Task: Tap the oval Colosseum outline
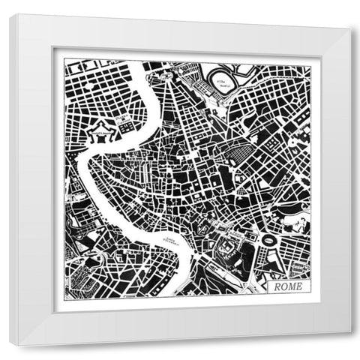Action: click(x=268, y=240)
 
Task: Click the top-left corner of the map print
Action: click(x=64, y=61)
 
